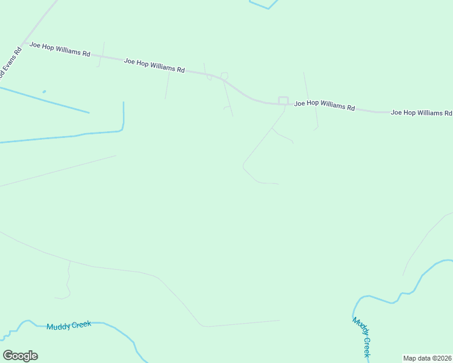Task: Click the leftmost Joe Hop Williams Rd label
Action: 60,49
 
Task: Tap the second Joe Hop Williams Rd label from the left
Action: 154,65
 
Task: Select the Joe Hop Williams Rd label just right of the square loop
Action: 325,105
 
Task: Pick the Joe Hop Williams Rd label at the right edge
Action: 421,113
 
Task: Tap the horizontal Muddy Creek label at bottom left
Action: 68,325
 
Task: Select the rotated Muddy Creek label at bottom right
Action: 362,336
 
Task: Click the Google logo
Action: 20,356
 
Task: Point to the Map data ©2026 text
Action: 428,358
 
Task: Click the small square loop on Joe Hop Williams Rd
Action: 283,100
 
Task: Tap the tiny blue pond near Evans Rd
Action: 44,92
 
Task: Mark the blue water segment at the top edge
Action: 263,5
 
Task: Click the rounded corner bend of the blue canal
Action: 122,128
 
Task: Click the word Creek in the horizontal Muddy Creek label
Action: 81,324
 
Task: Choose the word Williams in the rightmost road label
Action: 428,113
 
